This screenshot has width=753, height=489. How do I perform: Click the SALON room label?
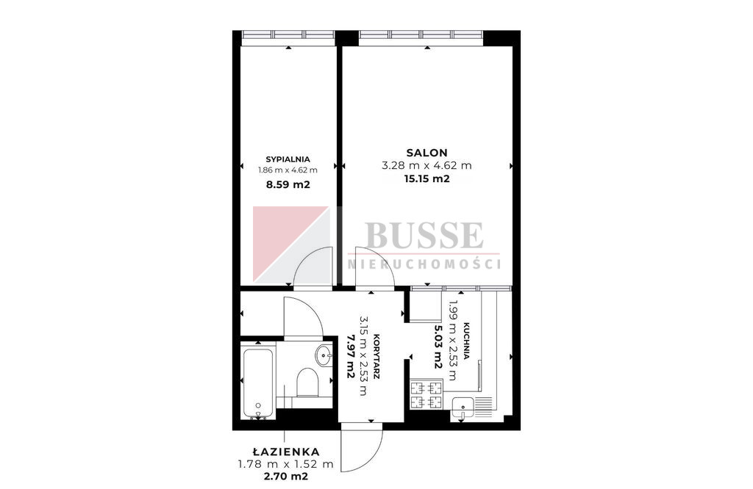click(x=427, y=153)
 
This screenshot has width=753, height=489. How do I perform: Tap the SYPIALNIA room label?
click(x=288, y=159)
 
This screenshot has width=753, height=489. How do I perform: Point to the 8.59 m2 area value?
click(x=288, y=184)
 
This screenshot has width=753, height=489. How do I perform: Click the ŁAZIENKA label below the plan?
click(x=286, y=451)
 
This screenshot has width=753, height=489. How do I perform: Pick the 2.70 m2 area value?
click(x=286, y=476)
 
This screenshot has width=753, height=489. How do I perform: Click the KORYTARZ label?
click(x=376, y=357)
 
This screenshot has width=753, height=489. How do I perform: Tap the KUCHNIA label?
click(x=465, y=341)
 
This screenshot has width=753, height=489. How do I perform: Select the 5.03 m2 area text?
click(x=438, y=347)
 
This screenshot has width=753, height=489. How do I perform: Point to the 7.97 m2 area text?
click(x=350, y=356)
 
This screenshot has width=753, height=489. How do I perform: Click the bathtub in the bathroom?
click(x=258, y=383)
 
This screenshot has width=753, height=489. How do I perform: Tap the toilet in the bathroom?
click(x=307, y=383)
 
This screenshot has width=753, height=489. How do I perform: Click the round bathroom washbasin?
click(x=324, y=355)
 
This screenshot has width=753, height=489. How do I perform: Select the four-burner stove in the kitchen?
click(x=427, y=394)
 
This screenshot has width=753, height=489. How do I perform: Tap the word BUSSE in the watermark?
click(x=424, y=236)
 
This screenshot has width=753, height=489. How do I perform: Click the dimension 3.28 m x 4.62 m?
click(x=427, y=166)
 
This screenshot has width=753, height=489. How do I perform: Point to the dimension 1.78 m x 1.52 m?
click(x=286, y=464)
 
